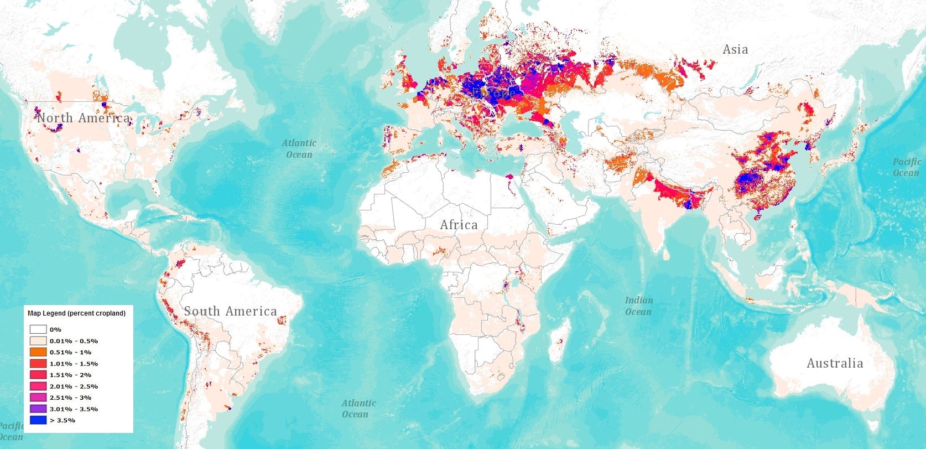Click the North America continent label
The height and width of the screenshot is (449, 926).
(84, 118)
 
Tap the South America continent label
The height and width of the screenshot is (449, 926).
(230, 311)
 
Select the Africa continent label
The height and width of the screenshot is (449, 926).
(459, 225)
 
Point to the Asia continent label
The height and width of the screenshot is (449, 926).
(735, 49)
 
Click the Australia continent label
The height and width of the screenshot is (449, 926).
(834, 363)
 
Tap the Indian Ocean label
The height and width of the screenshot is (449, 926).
(638, 306)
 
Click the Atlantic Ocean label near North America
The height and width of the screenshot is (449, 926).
(299, 148)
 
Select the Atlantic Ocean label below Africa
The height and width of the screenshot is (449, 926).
(358, 409)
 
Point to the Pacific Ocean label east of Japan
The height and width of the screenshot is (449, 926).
(906, 167)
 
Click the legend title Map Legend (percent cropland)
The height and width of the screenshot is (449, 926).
(76, 313)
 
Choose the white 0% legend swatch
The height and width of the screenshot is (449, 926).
(38, 329)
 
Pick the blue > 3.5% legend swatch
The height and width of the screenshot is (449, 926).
(38, 420)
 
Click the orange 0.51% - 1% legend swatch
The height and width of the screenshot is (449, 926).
(38, 352)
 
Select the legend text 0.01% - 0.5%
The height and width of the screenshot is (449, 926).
(74, 341)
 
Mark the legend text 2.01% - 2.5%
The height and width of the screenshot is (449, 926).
(74, 386)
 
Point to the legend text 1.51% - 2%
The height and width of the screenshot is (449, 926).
(71, 375)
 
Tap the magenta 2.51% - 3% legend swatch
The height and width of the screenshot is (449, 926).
(38, 398)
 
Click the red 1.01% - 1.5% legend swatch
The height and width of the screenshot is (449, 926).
(38, 364)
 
